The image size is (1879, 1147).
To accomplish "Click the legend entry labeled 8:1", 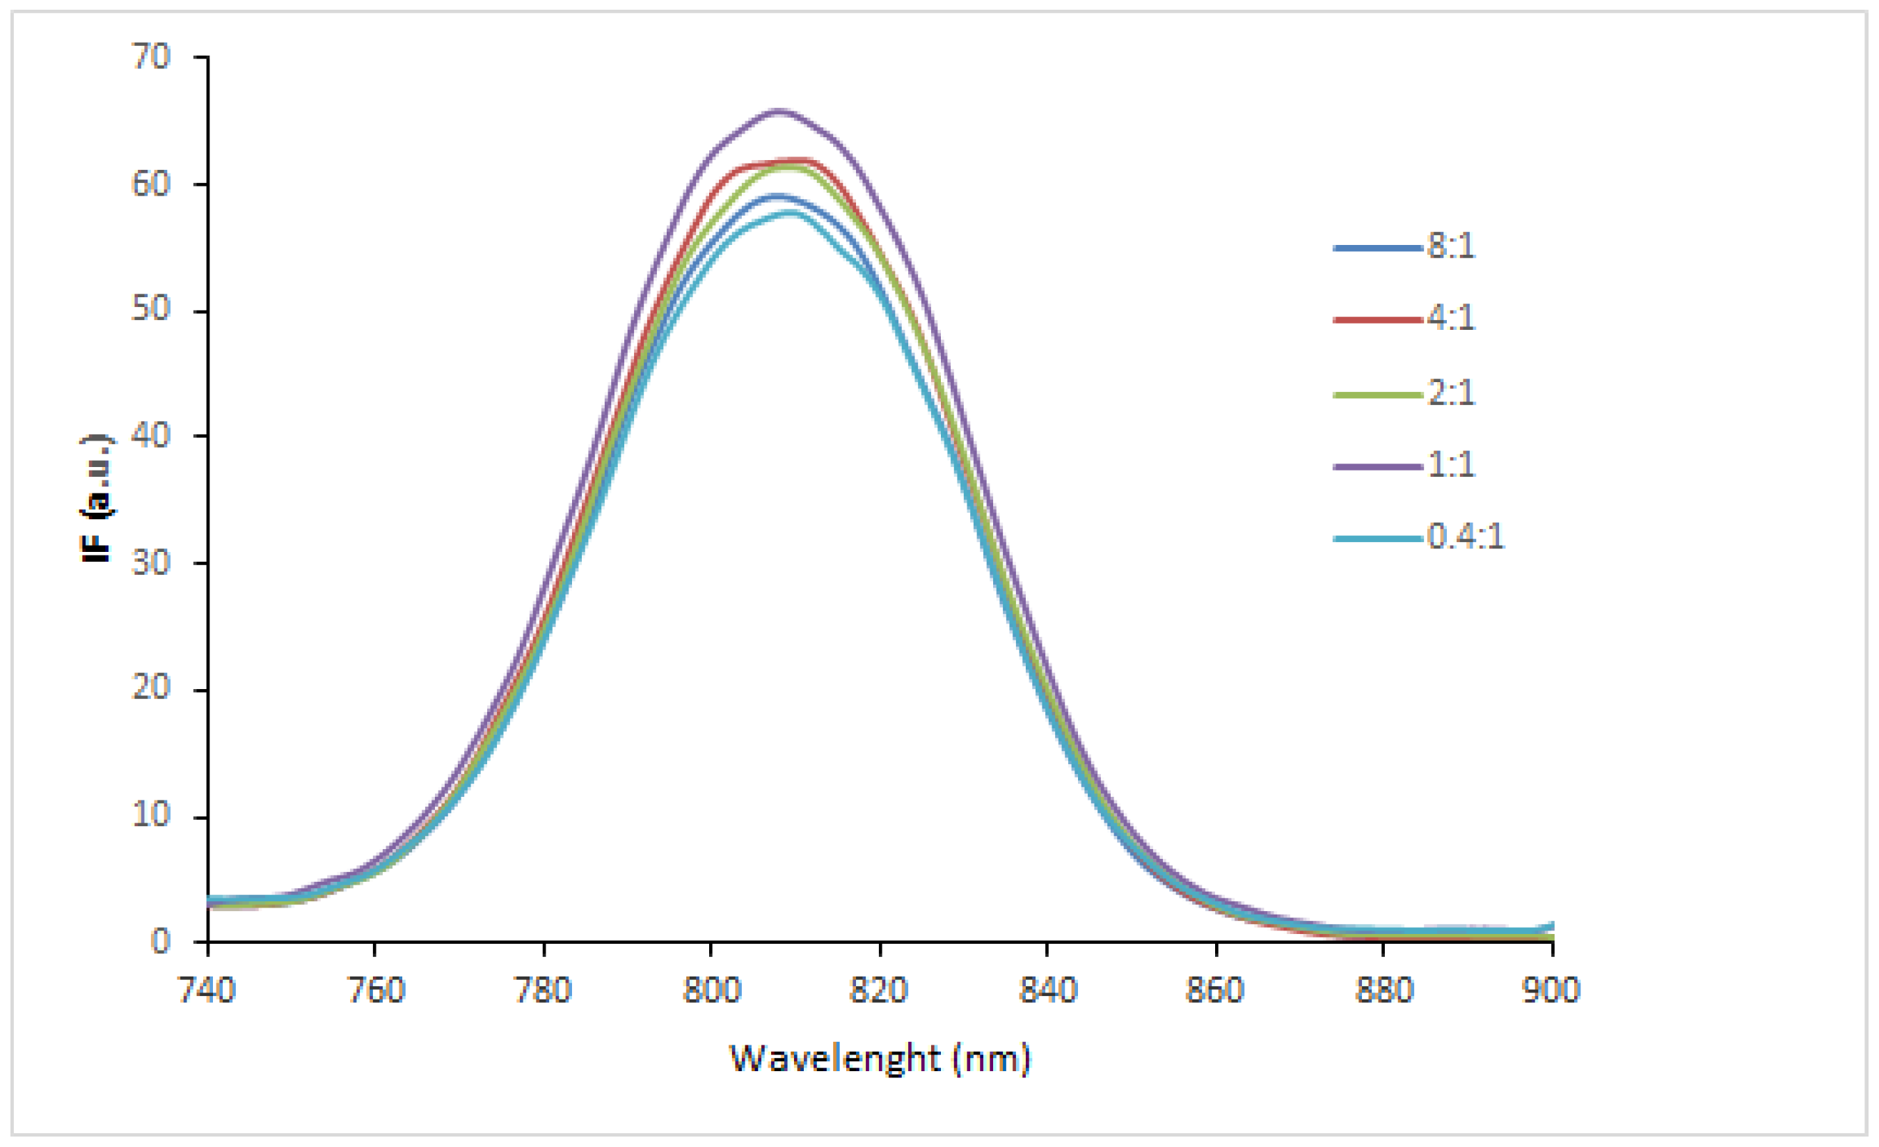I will click(1450, 246).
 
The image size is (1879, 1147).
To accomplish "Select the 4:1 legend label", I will click(1450, 317).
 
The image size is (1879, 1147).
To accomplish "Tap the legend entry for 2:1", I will click(1450, 393).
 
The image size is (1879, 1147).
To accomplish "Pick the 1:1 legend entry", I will click(1450, 464).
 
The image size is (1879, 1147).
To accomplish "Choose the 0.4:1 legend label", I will click(1464, 537).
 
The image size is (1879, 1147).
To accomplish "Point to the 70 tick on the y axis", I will click(150, 57).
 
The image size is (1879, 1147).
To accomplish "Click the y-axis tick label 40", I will click(150, 436).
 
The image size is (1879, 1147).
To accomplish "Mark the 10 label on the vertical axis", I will click(150, 815).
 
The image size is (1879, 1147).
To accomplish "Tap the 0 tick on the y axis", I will click(160, 942).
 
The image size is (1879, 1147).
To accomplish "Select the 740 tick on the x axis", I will click(207, 990).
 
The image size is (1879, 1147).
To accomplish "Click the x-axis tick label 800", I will click(711, 990).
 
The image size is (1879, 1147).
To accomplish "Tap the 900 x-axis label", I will click(1551, 990).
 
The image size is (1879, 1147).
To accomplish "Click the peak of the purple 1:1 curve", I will click(779, 111).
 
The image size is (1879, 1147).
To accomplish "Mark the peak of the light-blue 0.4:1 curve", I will click(789, 213).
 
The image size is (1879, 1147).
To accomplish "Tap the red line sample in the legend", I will click(1377, 319).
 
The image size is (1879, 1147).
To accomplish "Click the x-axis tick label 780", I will click(543, 990).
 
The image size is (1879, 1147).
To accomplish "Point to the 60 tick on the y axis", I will click(150, 184).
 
